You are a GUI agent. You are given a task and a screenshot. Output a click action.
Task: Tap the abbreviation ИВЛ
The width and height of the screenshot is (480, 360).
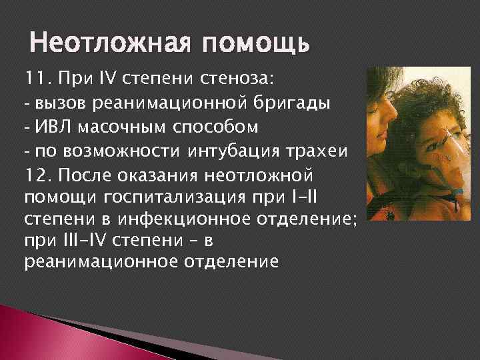click(x=53, y=127)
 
